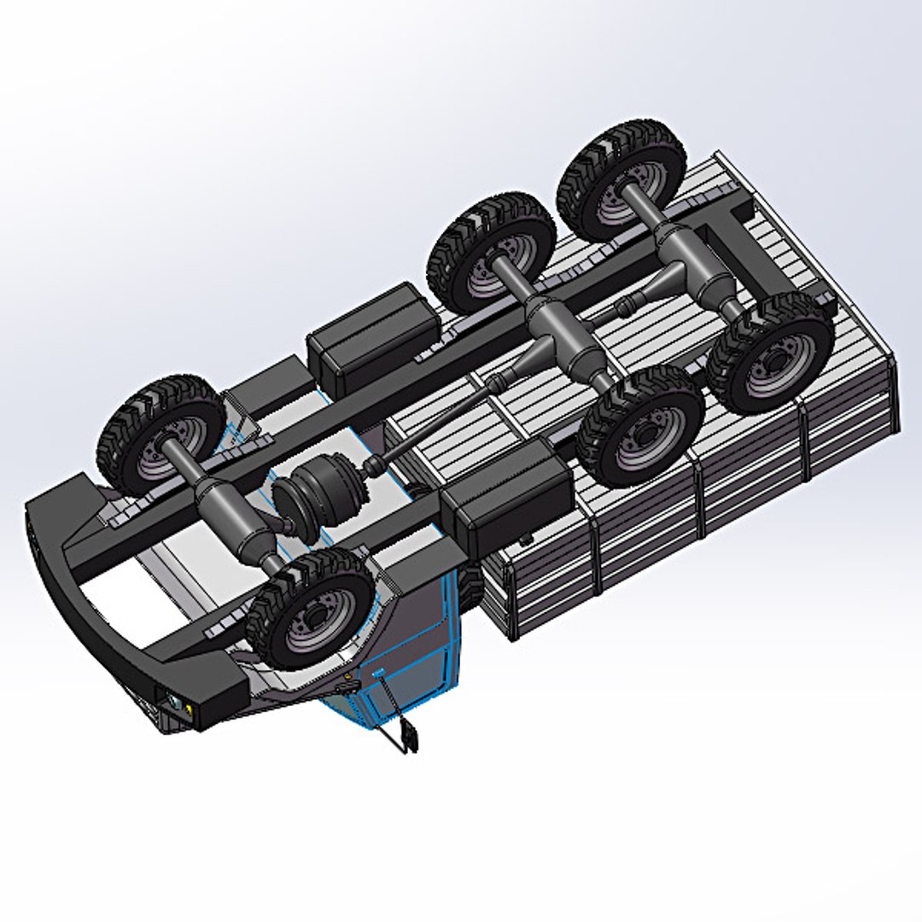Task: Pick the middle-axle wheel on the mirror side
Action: (639, 425)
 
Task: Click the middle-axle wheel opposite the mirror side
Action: (491, 251)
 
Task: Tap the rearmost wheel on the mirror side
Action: (770, 353)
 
